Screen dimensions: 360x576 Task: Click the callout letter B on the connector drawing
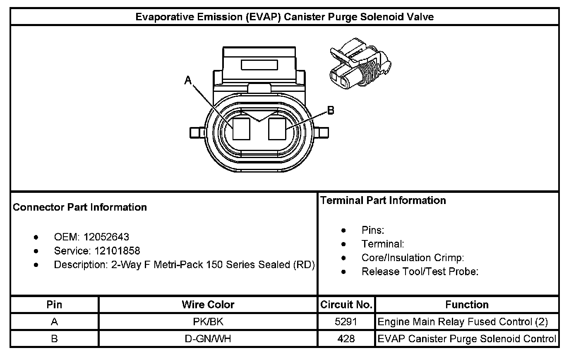[x=331, y=110]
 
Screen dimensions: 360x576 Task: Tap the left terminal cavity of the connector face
[x=241, y=129]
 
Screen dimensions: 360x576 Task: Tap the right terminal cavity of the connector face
[x=277, y=129]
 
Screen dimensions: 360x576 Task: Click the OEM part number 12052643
[x=106, y=237]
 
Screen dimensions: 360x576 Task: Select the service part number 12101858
[x=117, y=251]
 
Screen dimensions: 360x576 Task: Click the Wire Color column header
[x=208, y=305]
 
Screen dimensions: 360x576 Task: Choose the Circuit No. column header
[x=346, y=305]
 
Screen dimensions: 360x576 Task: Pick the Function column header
[x=467, y=305]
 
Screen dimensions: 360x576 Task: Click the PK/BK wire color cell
[x=208, y=322]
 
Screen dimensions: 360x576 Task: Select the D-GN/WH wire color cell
[x=208, y=339]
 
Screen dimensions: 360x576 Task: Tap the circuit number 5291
[x=346, y=322]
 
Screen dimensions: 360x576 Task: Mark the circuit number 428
[x=346, y=339]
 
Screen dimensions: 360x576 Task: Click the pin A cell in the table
[x=54, y=322]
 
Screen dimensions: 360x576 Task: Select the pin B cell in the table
[x=54, y=339]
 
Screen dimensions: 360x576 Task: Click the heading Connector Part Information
[x=80, y=207]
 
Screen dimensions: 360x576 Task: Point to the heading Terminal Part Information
[x=383, y=201]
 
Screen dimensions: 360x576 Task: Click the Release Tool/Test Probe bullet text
[x=420, y=272]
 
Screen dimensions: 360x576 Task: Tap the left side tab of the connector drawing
[x=195, y=133]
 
